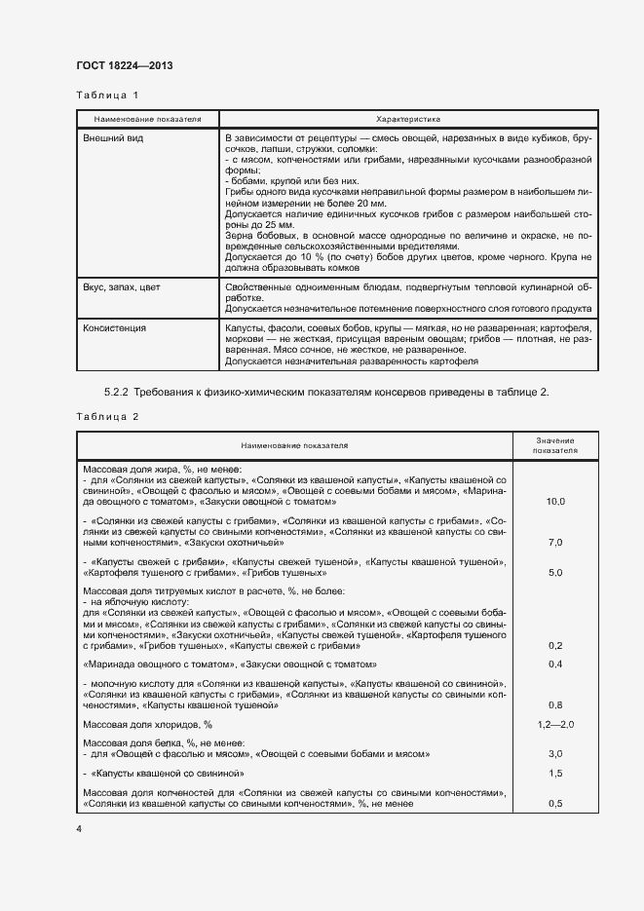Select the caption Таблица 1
[x=107, y=95]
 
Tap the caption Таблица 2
[x=107, y=416]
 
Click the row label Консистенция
[x=115, y=328]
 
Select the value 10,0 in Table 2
[x=556, y=501]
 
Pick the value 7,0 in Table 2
[x=556, y=542]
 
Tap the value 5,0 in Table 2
[x=556, y=573]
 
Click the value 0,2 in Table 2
[x=556, y=645]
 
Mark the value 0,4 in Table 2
[x=556, y=664]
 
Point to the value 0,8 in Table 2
[x=556, y=704]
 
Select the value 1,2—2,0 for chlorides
[x=556, y=725]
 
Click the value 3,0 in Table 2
[x=556, y=754]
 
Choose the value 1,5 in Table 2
[x=556, y=773]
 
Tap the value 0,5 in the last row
[x=556, y=804]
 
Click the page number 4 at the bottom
[x=79, y=829]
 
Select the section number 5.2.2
[x=119, y=392]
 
